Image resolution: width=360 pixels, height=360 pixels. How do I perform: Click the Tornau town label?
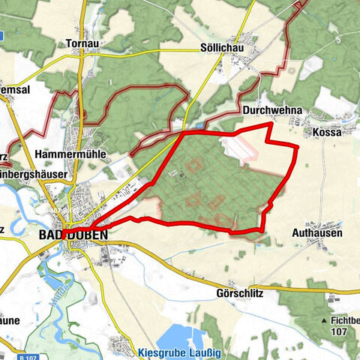pos(83,43)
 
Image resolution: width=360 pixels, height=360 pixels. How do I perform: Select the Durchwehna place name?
pos(271,110)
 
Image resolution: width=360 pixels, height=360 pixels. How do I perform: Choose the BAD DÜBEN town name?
pos(72,235)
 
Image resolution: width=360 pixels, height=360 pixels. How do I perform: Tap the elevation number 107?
pos(340,331)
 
